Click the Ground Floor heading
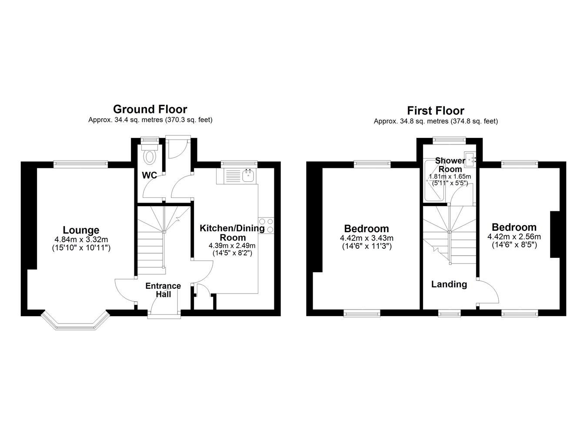click(x=150, y=109)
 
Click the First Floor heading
click(x=436, y=110)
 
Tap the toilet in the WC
click(x=150, y=155)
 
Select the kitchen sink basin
click(x=247, y=175)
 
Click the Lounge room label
click(x=81, y=230)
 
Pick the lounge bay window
click(x=75, y=320)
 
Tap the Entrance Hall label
click(x=163, y=290)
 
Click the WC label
click(x=150, y=175)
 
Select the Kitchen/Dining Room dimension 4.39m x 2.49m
click(x=232, y=246)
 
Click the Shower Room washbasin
click(x=470, y=159)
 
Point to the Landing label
click(x=449, y=284)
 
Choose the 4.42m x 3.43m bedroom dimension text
click(x=367, y=238)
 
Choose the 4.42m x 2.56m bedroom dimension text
click(x=514, y=237)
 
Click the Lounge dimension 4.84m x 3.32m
click(x=81, y=239)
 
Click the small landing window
click(x=450, y=313)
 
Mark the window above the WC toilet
click(x=150, y=140)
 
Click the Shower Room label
click(x=450, y=165)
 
